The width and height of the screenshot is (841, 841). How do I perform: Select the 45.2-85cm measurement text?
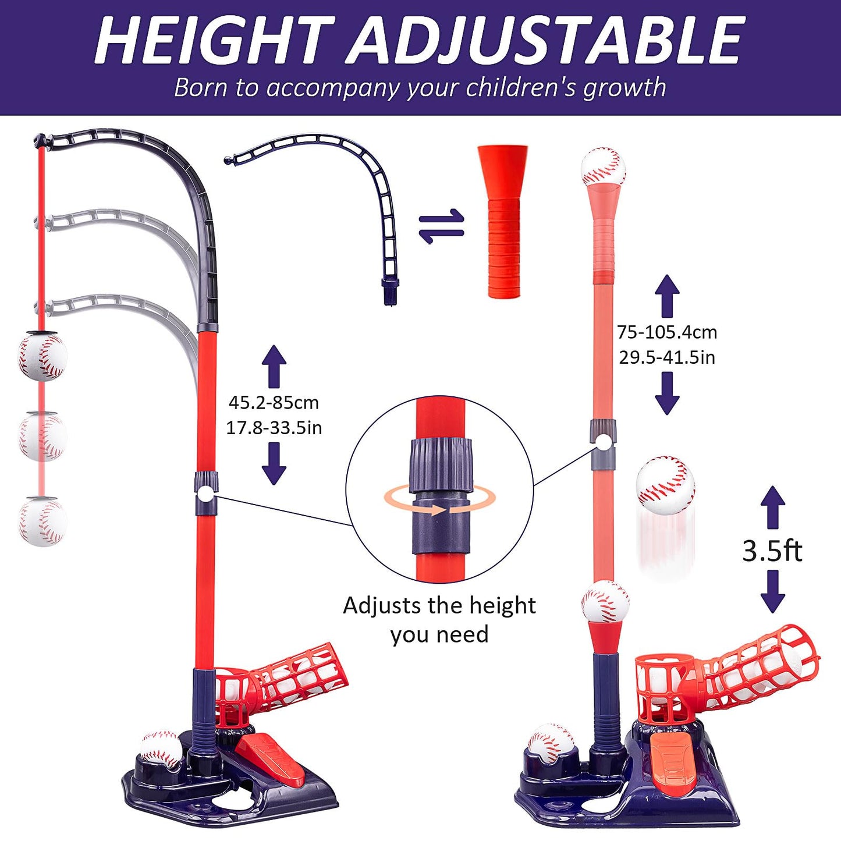point(274,403)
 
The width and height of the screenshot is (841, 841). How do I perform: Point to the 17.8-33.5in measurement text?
point(274,428)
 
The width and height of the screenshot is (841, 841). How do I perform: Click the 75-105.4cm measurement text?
point(667,332)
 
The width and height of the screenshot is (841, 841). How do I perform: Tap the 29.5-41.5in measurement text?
point(667,357)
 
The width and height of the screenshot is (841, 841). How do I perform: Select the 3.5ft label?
point(772,551)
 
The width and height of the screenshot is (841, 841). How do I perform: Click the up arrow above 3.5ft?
point(772,506)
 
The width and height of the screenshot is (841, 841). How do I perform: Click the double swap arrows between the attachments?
point(442,226)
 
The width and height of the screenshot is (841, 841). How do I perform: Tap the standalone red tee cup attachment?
point(503,221)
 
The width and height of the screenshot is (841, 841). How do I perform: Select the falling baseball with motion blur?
point(665,485)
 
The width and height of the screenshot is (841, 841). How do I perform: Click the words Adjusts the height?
point(439,606)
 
